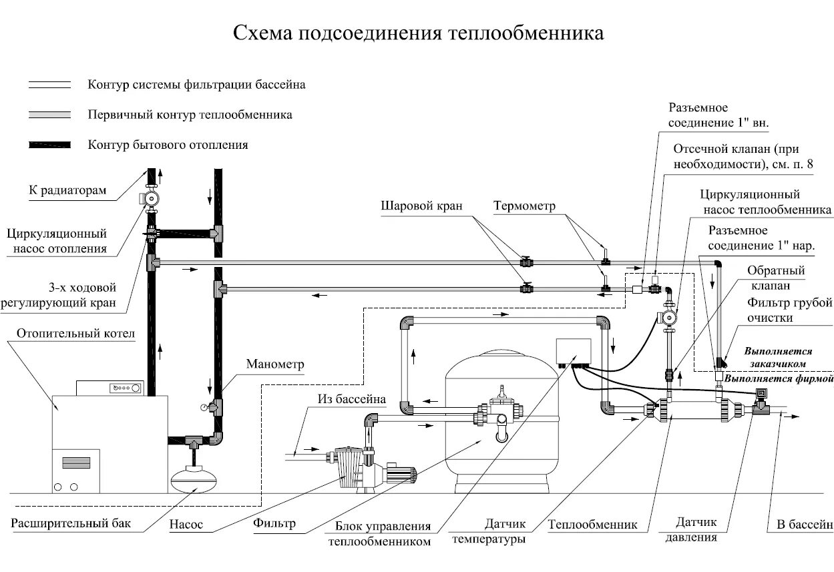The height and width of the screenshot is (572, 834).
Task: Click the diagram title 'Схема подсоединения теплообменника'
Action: pos(418,33)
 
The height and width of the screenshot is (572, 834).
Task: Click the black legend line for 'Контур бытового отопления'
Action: pos(50,145)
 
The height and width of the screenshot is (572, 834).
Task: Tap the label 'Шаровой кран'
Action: pos(421,206)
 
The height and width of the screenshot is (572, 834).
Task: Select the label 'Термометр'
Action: pos(524,206)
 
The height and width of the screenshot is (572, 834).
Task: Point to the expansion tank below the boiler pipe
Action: pos(194,479)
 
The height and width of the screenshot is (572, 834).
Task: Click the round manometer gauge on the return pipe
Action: pos(204,407)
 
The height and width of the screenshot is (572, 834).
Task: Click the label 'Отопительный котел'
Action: pos(75,334)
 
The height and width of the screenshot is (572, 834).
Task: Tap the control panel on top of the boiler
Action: pos(110,388)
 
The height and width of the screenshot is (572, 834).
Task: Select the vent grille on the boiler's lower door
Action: pos(76,463)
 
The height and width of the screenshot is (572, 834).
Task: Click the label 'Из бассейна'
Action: pos(351,399)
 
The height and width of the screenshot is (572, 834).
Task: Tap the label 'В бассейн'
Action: pos(804,524)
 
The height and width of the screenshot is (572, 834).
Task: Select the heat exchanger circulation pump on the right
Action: pos(668,318)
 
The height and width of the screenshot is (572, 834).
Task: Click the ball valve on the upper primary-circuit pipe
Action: pos(526,262)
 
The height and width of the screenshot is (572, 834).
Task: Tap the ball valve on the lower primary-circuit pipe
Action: pos(526,288)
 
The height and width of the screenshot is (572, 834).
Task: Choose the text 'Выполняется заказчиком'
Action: pos(778,357)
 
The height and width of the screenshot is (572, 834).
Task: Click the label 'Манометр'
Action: pos(275,364)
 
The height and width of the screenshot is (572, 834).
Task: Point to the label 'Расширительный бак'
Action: pos(71,523)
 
